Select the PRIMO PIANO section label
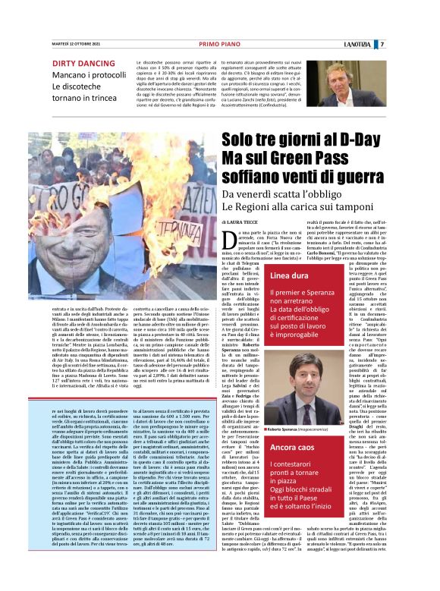(x=219, y=44)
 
